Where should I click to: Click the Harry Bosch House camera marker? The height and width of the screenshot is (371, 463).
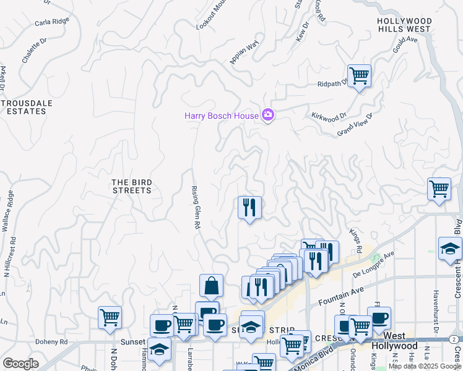click(x=268, y=115)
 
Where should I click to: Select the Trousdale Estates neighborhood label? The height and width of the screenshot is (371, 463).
click(x=24, y=107)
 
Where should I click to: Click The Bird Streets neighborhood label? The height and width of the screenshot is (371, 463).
click(x=131, y=186)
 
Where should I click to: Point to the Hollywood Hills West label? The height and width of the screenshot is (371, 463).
click(x=404, y=25)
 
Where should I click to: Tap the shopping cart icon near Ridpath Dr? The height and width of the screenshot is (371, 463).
click(x=359, y=76)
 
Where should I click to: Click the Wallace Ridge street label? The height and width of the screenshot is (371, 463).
click(x=8, y=211)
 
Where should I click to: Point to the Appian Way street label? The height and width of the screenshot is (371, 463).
click(x=243, y=53)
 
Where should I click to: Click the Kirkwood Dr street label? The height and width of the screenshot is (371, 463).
click(x=328, y=116)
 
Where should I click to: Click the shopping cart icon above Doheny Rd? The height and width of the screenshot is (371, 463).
click(x=110, y=318)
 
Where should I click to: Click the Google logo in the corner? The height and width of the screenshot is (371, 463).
click(x=20, y=364)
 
